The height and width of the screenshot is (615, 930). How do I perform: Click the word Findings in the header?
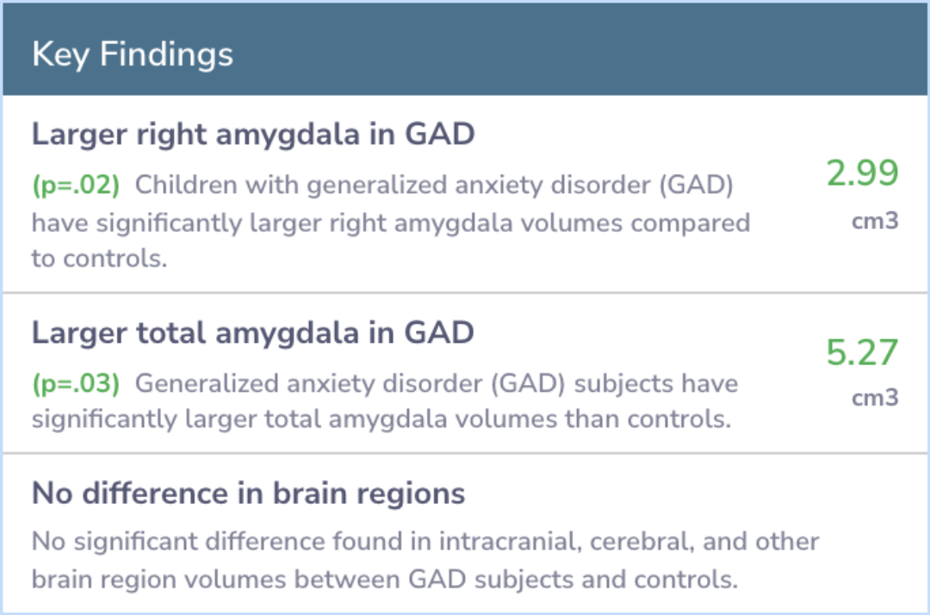tap(167, 55)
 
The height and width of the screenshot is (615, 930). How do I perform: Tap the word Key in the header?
tap(60, 55)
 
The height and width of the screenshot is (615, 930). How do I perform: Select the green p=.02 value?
tap(76, 186)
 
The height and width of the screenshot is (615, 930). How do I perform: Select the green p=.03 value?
tap(76, 383)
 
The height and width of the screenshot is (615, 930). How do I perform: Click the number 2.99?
tap(862, 173)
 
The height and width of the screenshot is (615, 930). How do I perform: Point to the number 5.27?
tap(862, 353)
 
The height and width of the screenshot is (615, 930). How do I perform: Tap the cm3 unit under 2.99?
tap(875, 221)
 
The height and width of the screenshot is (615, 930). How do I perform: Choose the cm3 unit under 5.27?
tap(875, 397)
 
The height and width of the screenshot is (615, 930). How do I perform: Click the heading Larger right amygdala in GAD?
tap(253, 134)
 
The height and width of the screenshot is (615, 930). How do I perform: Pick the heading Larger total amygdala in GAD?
tap(253, 332)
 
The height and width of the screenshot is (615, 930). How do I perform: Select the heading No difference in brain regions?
tap(249, 494)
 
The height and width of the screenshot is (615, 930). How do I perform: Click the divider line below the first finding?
tap(465, 292)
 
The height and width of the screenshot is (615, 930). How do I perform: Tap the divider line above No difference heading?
tap(465, 453)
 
